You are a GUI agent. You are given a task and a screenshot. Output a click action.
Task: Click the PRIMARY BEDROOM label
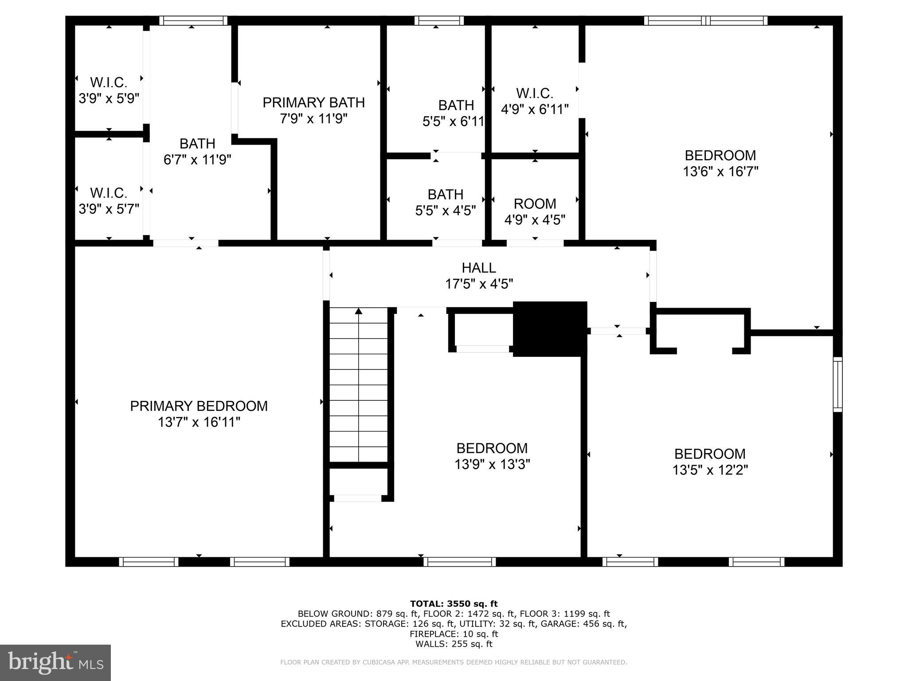(199, 406)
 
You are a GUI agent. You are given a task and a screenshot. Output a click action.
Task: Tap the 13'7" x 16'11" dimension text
(199, 422)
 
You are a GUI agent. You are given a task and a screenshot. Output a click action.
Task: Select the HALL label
(479, 268)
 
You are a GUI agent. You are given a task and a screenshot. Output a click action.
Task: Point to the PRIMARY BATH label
(313, 102)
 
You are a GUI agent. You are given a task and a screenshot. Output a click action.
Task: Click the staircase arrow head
(359, 311)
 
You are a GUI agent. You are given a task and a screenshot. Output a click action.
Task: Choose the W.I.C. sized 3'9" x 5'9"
(109, 90)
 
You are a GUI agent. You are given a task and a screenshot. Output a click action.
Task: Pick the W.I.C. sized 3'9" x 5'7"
(109, 200)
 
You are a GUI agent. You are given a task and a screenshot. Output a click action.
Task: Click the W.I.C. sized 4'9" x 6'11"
(534, 101)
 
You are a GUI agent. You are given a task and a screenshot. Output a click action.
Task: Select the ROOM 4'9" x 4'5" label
(535, 211)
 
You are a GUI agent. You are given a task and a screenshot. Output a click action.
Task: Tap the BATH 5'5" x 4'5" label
(445, 202)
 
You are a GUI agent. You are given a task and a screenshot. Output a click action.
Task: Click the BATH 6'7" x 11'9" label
(197, 151)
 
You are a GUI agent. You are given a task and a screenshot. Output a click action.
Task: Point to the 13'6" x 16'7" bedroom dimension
(720, 172)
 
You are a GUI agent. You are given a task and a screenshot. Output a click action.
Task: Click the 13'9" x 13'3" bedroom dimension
(492, 464)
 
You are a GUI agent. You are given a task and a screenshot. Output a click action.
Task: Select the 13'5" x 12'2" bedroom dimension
(710, 470)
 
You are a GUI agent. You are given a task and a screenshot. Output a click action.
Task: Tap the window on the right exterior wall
(838, 384)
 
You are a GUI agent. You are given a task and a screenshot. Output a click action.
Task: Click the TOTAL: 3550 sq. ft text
(454, 603)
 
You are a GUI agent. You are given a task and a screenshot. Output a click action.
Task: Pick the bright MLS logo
(55, 662)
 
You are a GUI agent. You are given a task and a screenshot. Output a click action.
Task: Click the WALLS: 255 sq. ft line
(454, 644)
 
